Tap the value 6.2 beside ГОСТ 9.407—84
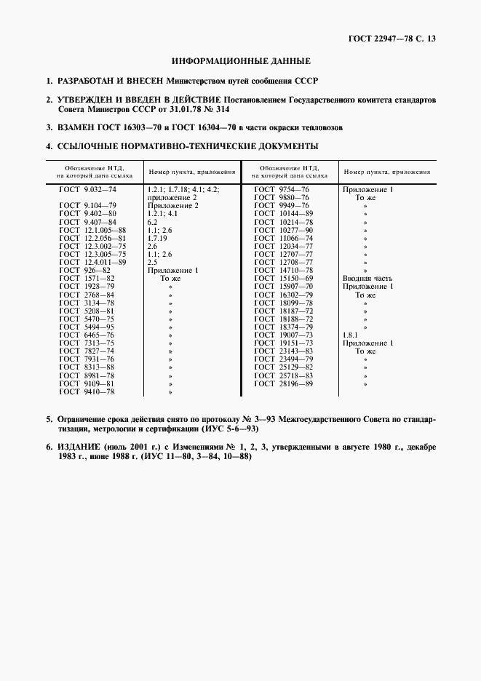point(152,222)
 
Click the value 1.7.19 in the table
point(157,238)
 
